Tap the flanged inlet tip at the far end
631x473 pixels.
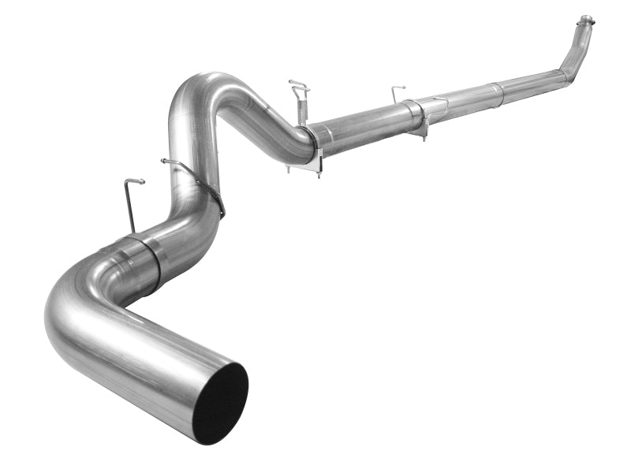click(585, 20)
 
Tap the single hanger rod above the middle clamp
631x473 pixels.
click(397, 92)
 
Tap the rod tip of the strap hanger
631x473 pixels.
click(166, 162)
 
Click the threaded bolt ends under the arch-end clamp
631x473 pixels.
click(318, 172)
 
